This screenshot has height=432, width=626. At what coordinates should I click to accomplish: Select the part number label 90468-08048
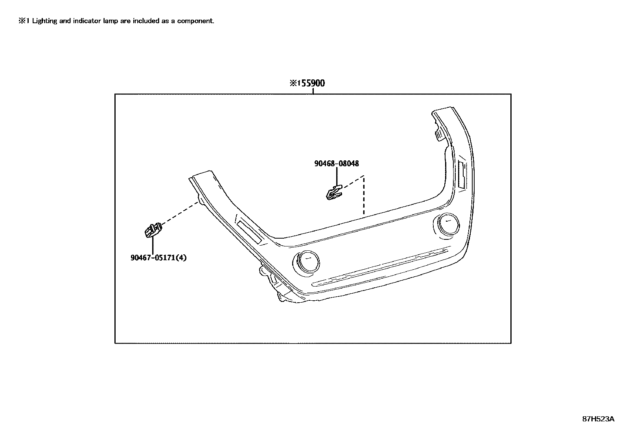[336, 164]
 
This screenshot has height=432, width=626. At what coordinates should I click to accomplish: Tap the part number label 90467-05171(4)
[158, 258]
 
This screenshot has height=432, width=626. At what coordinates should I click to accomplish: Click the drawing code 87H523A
[598, 419]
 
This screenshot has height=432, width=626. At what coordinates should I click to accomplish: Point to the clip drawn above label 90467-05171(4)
[152, 230]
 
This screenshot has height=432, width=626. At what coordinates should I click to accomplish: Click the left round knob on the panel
[306, 261]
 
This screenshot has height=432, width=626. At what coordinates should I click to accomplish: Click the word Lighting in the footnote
[44, 21]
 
